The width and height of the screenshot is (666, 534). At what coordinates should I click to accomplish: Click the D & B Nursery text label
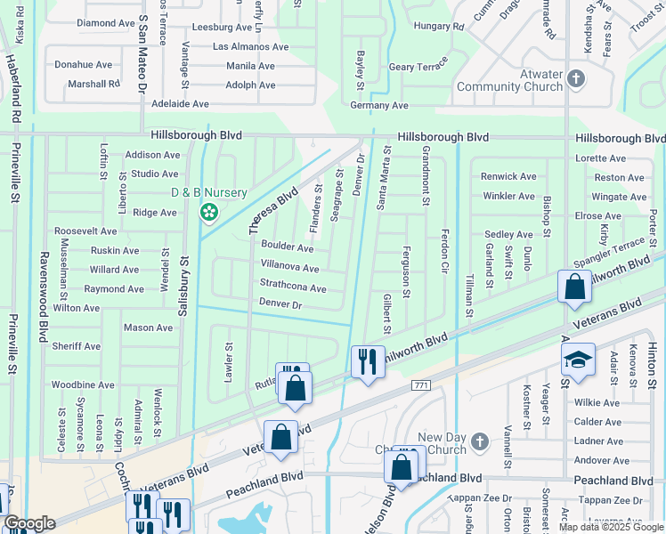pyautogui.click(x=208, y=193)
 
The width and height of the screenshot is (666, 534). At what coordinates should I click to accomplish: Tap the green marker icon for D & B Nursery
pyautogui.click(x=209, y=212)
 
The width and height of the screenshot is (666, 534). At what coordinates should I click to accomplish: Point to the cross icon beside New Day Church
pyautogui.click(x=479, y=441)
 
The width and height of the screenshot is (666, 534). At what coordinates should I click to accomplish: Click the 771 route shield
pyautogui.click(x=421, y=384)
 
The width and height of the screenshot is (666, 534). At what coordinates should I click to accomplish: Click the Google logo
pyautogui.click(x=28, y=523)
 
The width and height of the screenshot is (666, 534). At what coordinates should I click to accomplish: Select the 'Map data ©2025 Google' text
pyautogui.click(x=611, y=527)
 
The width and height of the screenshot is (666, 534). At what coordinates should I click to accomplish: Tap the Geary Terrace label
pyautogui.click(x=418, y=67)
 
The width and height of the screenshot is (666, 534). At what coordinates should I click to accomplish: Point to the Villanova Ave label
pyautogui.click(x=289, y=268)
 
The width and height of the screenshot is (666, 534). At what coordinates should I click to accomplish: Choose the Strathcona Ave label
pyautogui.click(x=293, y=288)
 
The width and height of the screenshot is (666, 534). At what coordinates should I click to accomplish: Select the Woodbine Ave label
pyautogui.click(x=83, y=384)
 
